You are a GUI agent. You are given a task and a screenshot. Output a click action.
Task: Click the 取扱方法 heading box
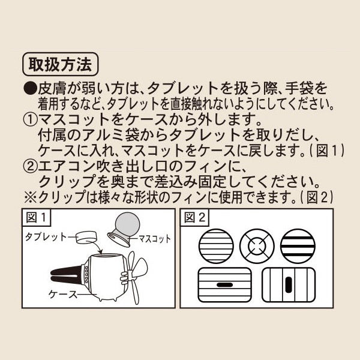(x=61, y=64)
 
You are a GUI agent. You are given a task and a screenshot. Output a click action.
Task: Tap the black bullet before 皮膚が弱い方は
(x=30, y=89)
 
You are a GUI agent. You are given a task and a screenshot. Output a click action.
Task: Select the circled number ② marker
(x=30, y=166)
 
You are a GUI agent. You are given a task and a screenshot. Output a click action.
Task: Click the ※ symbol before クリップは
(x=31, y=197)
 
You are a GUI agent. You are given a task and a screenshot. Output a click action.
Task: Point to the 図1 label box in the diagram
(x=36, y=217)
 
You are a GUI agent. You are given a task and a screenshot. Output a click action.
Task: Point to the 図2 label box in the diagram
(x=194, y=217)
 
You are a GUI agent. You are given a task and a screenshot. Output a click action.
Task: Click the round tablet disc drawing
(x=86, y=238)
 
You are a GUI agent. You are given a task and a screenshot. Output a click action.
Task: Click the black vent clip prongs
(x=66, y=275)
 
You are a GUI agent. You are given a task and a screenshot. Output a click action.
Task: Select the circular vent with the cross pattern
(x=257, y=246)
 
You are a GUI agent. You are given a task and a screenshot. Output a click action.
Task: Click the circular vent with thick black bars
(x=298, y=246)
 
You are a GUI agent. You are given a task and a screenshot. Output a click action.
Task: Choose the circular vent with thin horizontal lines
(x=216, y=246)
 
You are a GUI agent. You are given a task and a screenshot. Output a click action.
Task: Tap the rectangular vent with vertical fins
(x=289, y=284)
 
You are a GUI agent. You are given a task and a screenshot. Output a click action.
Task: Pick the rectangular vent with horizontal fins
(x=225, y=284)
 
